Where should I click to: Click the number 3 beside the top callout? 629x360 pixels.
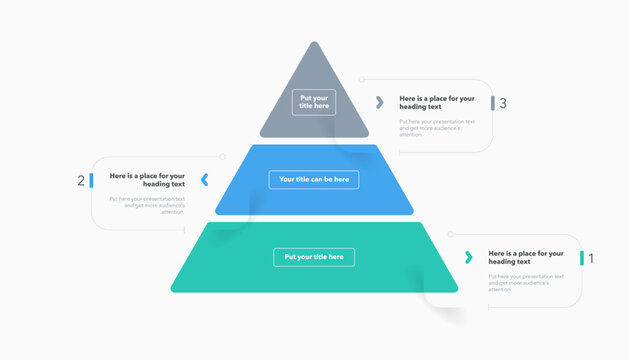[503, 103]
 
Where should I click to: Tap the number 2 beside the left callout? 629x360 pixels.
[81, 181]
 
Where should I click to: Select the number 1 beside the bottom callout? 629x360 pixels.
[591, 258]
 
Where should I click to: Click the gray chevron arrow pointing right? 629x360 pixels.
[380, 102]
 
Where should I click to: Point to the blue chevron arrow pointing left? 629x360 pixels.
[205, 180]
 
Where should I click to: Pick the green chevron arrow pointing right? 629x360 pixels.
[468, 257]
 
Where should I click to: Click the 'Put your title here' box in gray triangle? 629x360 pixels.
[314, 103]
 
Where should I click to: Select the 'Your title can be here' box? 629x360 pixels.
[314, 180]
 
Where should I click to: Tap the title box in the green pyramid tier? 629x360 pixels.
[314, 257]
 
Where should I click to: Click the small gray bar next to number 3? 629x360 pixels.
[492, 103]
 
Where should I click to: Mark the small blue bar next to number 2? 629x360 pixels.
[91, 180]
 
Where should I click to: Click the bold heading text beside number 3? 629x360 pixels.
[437, 103]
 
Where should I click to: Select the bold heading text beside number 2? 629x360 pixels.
[148, 180]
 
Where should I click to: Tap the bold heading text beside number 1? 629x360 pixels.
[526, 258]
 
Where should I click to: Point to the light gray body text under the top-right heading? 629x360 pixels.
[437, 127]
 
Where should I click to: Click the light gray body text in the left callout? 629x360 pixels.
[148, 205]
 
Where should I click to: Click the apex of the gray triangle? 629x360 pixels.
[314, 44]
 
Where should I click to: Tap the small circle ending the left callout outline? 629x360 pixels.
[223, 157]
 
